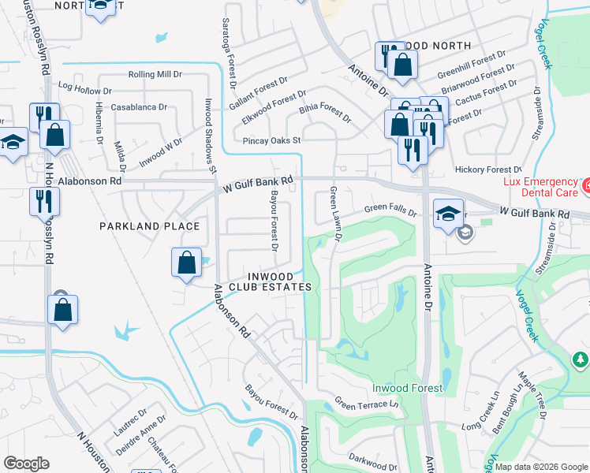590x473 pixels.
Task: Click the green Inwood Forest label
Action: (x=407, y=388)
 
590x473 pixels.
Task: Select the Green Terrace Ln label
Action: (x=366, y=404)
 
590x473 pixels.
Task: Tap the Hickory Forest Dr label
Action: (x=488, y=169)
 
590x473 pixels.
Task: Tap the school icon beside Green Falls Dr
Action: (x=447, y=215)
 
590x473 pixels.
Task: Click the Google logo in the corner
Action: (x=27, y=464)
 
